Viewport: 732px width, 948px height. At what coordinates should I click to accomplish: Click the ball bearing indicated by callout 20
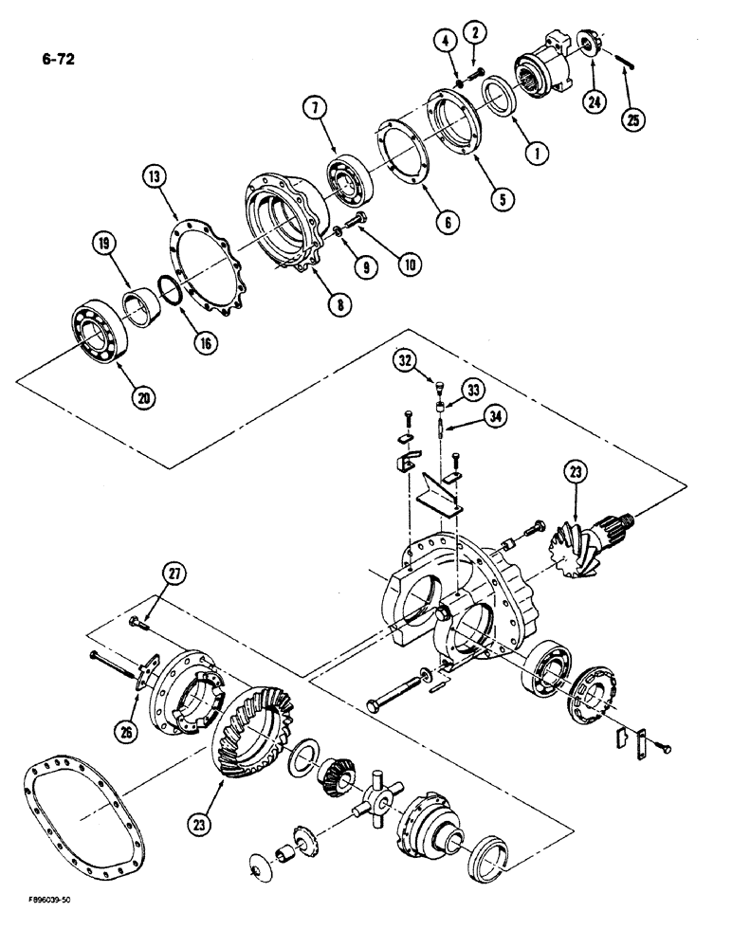point(98,332)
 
